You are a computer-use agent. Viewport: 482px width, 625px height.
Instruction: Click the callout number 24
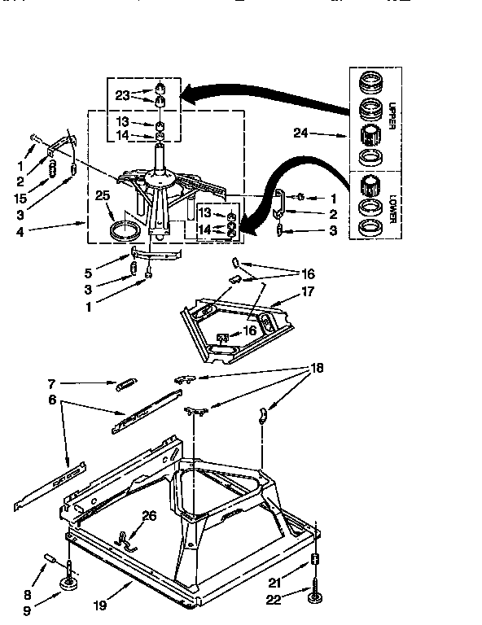(x=300, y=133)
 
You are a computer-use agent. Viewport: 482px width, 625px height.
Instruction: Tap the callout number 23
(x=121, y=94)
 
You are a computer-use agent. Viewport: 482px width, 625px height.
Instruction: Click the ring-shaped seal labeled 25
(x=125, y=229)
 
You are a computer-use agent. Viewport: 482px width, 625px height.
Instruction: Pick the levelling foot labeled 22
(x=314, y=600)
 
